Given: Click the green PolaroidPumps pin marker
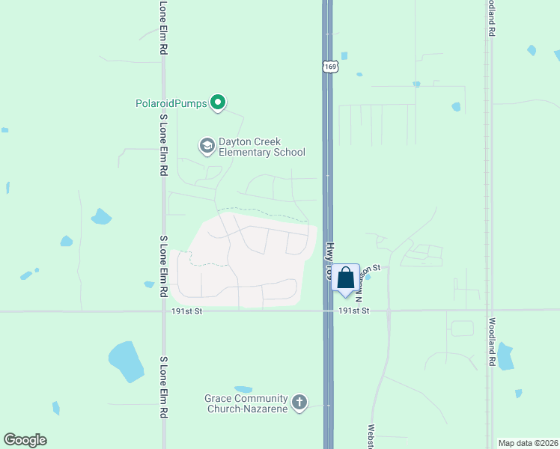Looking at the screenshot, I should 218,103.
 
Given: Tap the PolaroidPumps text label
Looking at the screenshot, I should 171,103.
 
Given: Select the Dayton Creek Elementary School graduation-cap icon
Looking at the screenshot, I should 207,145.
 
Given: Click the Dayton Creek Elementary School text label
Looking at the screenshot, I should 261,147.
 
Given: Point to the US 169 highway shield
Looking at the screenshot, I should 331,67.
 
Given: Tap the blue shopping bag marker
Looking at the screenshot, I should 346,278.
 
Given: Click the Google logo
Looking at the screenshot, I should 25,440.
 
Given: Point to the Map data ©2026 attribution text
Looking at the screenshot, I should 527,443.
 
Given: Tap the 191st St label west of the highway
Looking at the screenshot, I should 187,311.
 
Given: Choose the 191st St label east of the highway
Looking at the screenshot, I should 354,311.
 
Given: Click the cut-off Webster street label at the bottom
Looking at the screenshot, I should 371,437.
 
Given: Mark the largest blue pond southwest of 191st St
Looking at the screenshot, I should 126,362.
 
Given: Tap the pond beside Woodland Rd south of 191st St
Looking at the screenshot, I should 505,357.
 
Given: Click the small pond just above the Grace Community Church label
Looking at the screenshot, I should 243,389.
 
